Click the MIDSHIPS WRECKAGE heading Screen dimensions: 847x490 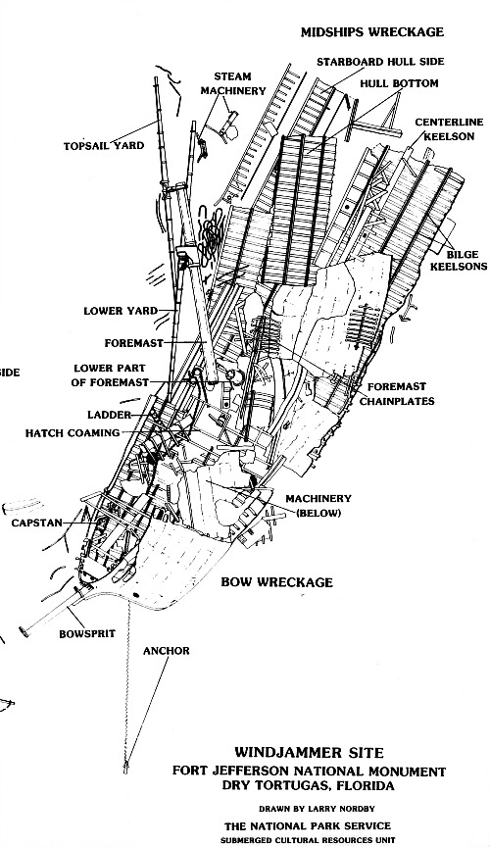tap(372, 32)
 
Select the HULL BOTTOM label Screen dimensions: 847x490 tap(399, 84)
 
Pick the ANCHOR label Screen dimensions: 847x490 tap(166, 651)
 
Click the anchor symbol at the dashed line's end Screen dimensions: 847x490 tap(125, 760)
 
